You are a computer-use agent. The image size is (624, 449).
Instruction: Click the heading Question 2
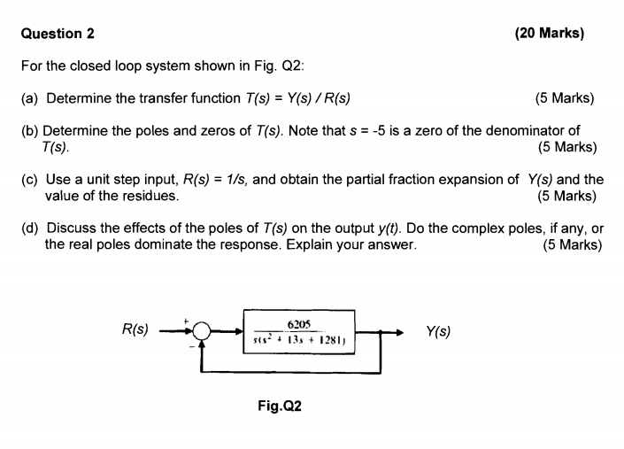coord(57,34)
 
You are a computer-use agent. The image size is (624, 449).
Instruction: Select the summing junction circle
coord(203,332)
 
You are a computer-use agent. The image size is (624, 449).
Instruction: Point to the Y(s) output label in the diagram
coord(437,332)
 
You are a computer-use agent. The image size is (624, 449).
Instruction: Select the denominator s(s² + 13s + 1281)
coord(298,341)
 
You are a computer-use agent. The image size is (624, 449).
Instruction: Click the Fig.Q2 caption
coord(280,406)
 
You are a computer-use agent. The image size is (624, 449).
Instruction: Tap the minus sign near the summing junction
coord(192,344)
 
